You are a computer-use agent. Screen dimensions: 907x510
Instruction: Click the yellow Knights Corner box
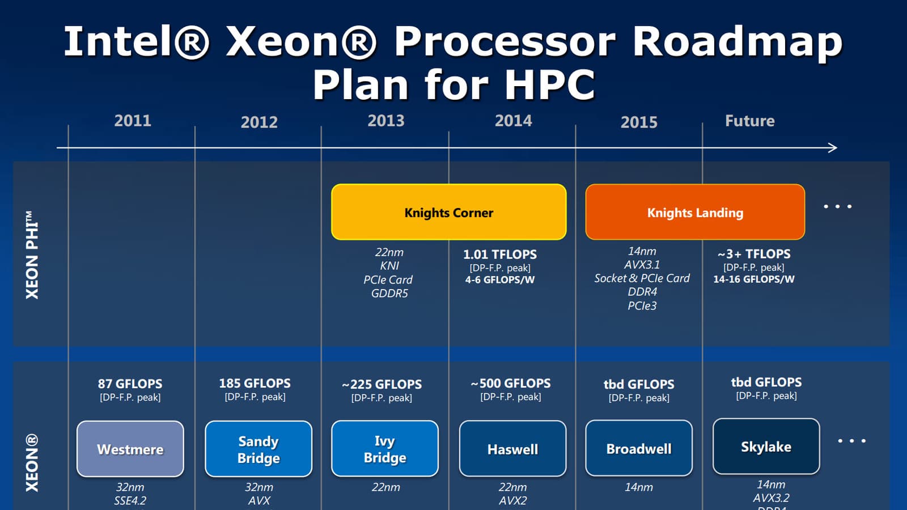pos(448,212)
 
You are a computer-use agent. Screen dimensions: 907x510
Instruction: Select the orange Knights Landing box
pos(695,212)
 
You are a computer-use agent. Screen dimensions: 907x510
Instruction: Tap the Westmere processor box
pos(130,448)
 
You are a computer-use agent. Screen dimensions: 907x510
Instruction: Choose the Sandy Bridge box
pos(258,448)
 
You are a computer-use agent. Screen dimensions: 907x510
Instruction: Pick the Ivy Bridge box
pos(385,448)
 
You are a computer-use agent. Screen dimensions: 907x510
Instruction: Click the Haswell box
pos(512,448)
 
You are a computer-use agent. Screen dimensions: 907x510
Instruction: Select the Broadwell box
pos(639,448)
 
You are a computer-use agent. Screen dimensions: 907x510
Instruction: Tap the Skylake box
pos(766,447)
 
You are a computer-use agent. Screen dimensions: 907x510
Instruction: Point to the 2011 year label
pos(133,121)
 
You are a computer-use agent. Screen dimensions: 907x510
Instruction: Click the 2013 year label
pos(386,121)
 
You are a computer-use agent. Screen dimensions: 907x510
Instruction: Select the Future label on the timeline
pos(749,121)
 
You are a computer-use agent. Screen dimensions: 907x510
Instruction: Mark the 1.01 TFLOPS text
pos(499,254)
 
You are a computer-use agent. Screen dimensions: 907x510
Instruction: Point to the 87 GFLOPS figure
pos(130,383)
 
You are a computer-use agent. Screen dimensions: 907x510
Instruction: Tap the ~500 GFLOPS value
pos(511,383)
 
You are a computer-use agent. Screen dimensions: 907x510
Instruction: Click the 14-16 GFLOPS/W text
pos(753,279)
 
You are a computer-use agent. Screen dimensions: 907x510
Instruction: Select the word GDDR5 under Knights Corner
pos(389,293)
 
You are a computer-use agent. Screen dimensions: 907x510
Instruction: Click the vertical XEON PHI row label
pos(32,255)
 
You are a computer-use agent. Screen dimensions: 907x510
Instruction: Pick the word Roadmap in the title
pos(737,42)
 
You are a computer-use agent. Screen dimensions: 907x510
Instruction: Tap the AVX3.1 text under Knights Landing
pos(642,265)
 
